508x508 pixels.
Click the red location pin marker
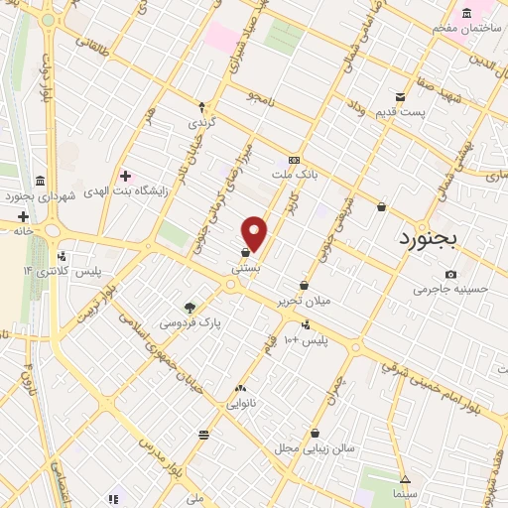255,233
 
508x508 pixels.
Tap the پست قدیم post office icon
400,96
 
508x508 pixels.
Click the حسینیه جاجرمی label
451,290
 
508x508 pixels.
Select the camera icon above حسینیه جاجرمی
451,274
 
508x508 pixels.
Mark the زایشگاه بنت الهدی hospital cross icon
125,175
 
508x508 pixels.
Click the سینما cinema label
404,493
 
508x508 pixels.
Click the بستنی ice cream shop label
245,268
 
